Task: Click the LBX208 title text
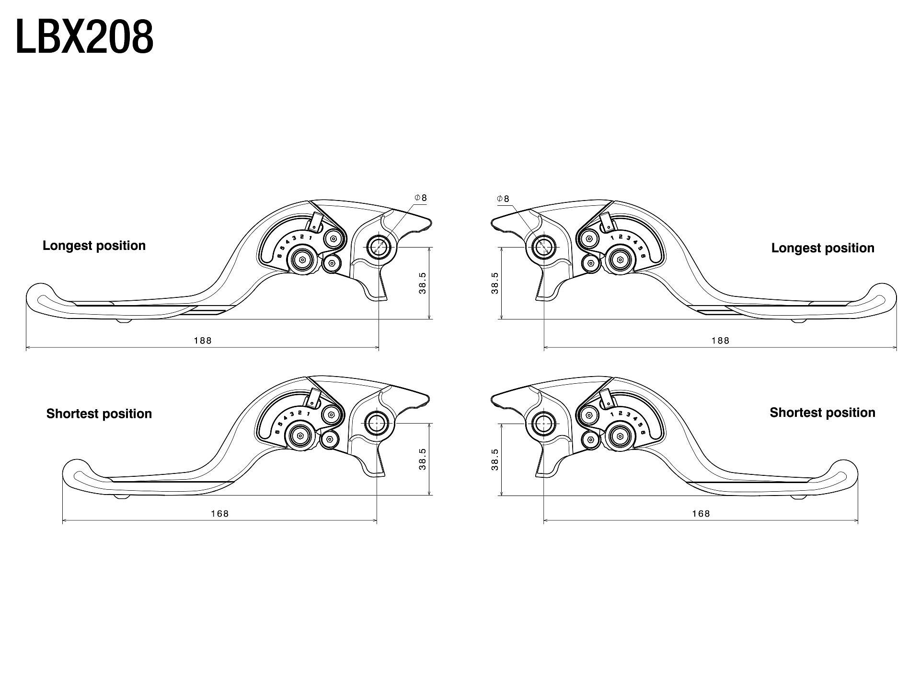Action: tap(84, 37)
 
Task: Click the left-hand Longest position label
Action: tap(94, 246)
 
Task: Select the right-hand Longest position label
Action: tap(823, 248)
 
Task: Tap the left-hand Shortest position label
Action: tap(99, 413)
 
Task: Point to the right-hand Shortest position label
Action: tap(822, 413)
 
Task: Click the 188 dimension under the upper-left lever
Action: tap(203, 341)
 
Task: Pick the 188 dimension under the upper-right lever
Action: tap(720, 341)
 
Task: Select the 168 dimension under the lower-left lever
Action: tap(220, 514)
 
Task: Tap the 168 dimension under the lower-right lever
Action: tap(701, 514)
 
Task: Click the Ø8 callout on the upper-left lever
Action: tap(421, 198)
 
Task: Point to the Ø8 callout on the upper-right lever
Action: tap(504, 199)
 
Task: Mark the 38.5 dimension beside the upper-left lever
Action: tap(423, 283)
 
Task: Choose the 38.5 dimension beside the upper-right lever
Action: tap(495, 283)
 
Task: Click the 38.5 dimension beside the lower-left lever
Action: tap(423, 459)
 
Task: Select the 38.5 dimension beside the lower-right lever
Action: tap(495, 459)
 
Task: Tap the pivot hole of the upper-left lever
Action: tap(379, 247)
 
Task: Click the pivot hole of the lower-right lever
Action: tap(544, 423)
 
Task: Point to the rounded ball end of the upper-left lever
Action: tap(38, 297)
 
